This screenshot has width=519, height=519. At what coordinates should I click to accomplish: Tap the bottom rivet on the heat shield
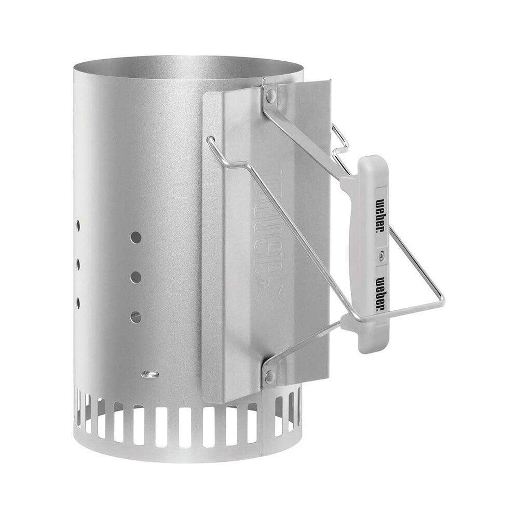tap(269, 376)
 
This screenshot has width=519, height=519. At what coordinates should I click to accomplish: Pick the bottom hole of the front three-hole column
tap(135, 316)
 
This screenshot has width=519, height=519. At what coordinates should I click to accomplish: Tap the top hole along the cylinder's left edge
tap(77, 226)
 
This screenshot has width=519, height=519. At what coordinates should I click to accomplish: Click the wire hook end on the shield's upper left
tap(210, 140)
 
